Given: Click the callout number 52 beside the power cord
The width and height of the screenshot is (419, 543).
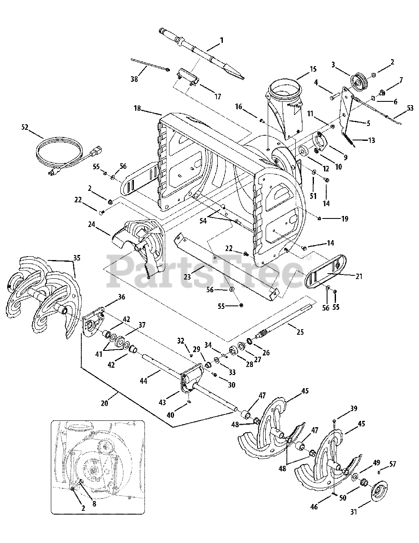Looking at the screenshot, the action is coord(25,127).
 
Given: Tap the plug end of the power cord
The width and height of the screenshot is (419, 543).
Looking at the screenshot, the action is coord(53,171).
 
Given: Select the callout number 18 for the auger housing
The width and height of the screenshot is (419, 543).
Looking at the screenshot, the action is coord(137,108).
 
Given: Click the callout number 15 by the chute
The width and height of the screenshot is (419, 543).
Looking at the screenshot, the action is coord(314,69).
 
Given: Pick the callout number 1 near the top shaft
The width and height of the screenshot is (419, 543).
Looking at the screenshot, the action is coord(222,40).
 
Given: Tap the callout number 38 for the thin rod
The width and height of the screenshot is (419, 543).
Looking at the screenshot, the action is coord(134,79).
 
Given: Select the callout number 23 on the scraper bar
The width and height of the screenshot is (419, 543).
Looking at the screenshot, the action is coord(187,277).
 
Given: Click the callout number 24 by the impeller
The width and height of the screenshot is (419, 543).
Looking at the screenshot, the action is coord(92,224).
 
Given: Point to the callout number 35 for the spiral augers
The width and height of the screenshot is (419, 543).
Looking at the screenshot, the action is coord(77,258).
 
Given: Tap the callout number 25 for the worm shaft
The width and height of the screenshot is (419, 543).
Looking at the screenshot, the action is coord(300,332).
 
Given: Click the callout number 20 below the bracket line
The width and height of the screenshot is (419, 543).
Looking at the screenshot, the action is coord(105,403).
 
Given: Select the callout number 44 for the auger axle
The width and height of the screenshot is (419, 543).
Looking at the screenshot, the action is coord(144,381).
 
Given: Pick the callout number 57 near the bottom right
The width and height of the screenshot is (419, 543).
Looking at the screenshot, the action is coord(393,464).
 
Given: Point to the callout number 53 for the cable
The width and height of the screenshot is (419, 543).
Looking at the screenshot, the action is coord(410,108).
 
